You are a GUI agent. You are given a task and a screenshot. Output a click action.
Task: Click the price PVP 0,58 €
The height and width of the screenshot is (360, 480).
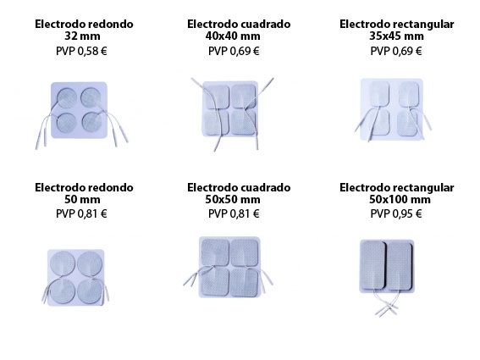pyautogui.click(x=81, y=51)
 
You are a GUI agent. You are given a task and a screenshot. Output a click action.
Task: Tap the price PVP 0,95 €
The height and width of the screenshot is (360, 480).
pyautogui.click(x=396, y=213)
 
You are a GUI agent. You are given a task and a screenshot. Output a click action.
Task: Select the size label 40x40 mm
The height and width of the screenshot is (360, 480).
pyautogui.click(x=233, y=36)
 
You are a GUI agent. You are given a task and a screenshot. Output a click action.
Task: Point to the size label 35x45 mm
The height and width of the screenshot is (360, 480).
pyautogui.click(x=396, y=36)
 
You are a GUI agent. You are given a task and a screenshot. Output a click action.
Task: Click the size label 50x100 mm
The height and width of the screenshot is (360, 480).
pyautogui.click(x=400, y=199)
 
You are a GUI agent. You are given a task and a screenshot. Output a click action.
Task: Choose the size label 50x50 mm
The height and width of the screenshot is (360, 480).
pyautogui.click(x=233, y=199)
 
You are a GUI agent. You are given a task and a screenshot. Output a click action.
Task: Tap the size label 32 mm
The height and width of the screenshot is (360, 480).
pyautogui.click(x=82, y=36)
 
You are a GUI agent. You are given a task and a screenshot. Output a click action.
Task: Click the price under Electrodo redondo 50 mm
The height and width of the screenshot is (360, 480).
pyautogui.click(x=81, y=213)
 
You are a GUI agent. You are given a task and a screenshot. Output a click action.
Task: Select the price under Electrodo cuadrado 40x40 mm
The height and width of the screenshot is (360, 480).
pyautogui.click(x=234, y=51)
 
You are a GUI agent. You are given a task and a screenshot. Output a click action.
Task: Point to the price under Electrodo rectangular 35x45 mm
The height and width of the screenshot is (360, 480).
pyautogui.click(x=396, y=51)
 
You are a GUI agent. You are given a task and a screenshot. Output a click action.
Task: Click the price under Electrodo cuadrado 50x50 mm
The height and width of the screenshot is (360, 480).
pyautogui.click(x=234, y=213)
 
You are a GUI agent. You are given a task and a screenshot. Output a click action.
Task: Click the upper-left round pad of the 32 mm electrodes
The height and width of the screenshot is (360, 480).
pyautogui.click(x=67, y=98)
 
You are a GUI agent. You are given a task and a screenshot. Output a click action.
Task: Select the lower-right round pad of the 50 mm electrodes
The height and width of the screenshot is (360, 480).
pyautogui.click(x=90, y=292)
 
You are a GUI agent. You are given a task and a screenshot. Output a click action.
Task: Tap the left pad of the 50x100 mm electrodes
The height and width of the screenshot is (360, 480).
pyautogui.click(x=372, y=265)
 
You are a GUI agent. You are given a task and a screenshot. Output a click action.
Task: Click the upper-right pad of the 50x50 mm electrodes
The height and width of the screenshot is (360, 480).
pyautogui.click(x=245, y=252)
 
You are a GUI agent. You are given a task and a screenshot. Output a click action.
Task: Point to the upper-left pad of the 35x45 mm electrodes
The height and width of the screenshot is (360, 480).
pyautogui.click(x=379, y=94)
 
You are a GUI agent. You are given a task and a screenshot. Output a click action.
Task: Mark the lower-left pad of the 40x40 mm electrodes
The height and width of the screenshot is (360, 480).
pyautogui.click(x=216, y=123)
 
